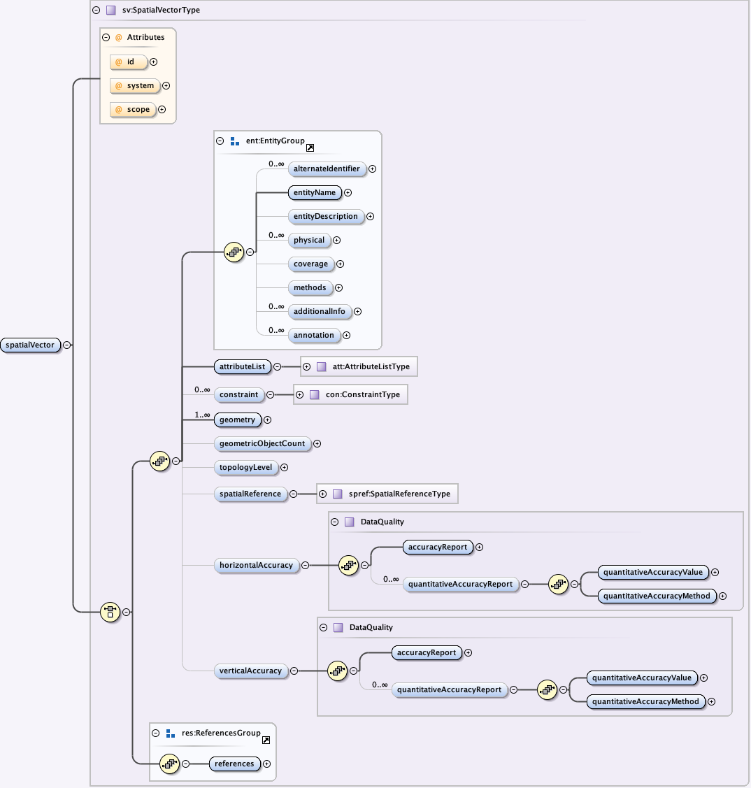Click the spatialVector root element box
click(30, 345)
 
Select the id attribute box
click(129, 62)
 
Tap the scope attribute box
click(133, 109)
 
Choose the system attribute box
click(135, 86)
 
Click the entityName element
click(315, 193)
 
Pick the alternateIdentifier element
click(327, 169)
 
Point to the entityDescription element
click(326, 217)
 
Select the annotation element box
click(314, 336)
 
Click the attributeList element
click(241, 366)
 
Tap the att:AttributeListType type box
click(364, 366)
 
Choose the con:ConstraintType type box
click(356, 395)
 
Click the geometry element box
click(237, 420)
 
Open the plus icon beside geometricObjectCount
click(317, 444)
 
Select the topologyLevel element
click(245, 468)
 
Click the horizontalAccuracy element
click(256, 566)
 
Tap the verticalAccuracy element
click(250, 671)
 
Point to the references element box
click(234, 764)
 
